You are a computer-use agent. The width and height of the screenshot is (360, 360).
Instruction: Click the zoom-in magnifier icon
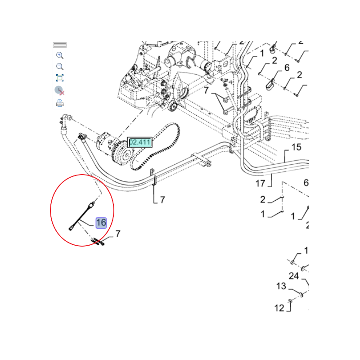pyautogui.click(x=60, y=55)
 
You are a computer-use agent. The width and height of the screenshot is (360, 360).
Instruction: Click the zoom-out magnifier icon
pyautogui.click(x=60, y=67)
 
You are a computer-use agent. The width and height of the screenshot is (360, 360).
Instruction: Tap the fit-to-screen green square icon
pyautogui.click(x=60, y=78)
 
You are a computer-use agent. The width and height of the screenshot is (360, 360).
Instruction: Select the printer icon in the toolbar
pyautogui.click(x=60, y=103)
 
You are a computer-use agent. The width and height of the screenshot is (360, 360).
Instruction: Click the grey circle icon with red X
pyautogui.click(x=60, y=90)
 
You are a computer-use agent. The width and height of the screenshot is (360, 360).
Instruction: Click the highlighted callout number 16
pyautogui.click(x=101, y=223)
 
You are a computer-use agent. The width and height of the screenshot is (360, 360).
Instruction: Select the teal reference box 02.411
pyautogui.click(x=139, y=142)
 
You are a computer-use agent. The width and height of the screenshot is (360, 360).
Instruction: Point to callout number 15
pyautogui.click(x=296, y=147)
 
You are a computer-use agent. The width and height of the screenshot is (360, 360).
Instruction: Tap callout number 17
pyautogui.click(x=261, y=183)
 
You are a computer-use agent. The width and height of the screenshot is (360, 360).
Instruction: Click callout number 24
pyautogui.click(x=294, y=276)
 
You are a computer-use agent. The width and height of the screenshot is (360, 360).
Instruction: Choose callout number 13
pyautogui.click(x=281, y=286)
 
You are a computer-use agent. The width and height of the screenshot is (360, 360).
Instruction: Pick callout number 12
pyautogui.click(x=279, y=308)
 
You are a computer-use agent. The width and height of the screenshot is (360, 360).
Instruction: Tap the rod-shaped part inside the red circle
pyautogui.click(x=82, y=216)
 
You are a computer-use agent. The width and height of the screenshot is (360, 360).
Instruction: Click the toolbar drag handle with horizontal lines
pyautogui.click(x=60, y=45)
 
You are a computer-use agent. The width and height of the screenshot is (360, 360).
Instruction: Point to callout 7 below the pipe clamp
pyautogui.click(x=162, y=200)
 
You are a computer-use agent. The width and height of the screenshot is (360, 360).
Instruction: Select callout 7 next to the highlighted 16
pyautogui.click(x=118, y=234)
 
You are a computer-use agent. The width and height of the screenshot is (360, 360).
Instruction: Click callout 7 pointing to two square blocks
pyautogui.click(x=206, y=90)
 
